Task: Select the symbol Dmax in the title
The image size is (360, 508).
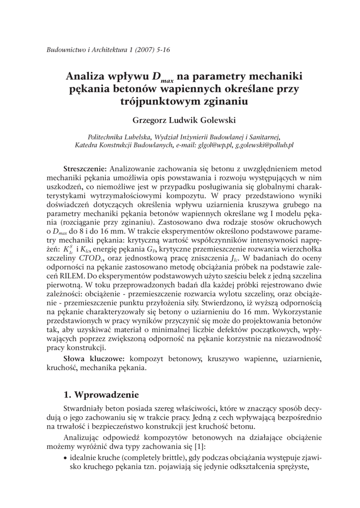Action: point(162,78)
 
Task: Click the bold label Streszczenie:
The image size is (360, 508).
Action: point(85,168)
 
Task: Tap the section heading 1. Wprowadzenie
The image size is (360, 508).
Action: point(102,395)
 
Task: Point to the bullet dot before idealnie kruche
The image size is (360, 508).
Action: point(66,457)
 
